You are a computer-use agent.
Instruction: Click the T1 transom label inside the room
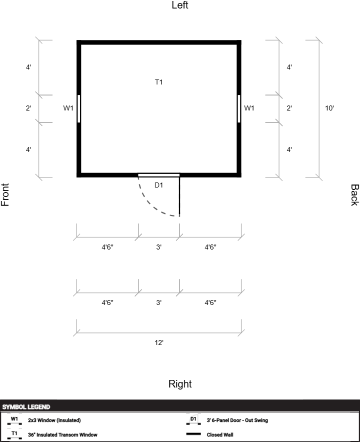pyautogui.click(x=158, y=82)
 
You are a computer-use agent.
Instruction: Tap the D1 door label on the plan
pyautogui.click(x=158, y=185)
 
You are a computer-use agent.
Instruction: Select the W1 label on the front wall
pyautogui.click(x=68, y=108)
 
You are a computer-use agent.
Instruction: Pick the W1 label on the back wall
pyautogui.click(x=249, y=108)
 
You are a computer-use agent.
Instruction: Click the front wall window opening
pyautogui.click(x=78, y=109)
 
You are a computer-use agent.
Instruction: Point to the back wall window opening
pyautogui.click(x=239, y=109)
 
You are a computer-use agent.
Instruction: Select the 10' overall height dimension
pyautogui.click(x=329, y=108)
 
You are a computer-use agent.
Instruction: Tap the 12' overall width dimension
pyautogui.click(x=159, y=342)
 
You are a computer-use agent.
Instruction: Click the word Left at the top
pyautogui.click(x=180, y=5)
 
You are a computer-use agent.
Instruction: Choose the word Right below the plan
pyautogui.click(x=180, y=384)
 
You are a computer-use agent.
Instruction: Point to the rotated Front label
pyautogui.click(x=5, y=195)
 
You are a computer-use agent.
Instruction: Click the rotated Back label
pyautogui.click(x=354, y=195)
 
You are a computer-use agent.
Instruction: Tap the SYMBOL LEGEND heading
pyautogui.click(x=26, y=407)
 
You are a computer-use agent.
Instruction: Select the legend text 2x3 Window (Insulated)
pyautogui.click(x=54, y=420)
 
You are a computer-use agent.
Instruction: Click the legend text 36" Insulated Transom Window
pyautogui.click(x=62, y=434)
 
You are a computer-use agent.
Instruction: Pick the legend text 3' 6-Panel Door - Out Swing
pyautogui.click(x=237, y=420)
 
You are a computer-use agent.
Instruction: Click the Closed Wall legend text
pyautogui.click(x=220, y=434)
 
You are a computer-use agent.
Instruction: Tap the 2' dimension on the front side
pyautogui.click(x=28, y=108)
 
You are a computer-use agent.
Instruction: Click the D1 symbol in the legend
pyautogui.click(x=193, y=419)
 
